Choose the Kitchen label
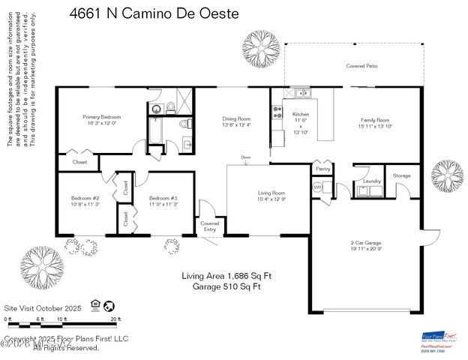300,115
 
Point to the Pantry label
323,169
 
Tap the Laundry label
372,181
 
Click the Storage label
402,175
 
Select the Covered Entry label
209,226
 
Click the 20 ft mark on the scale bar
114,319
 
